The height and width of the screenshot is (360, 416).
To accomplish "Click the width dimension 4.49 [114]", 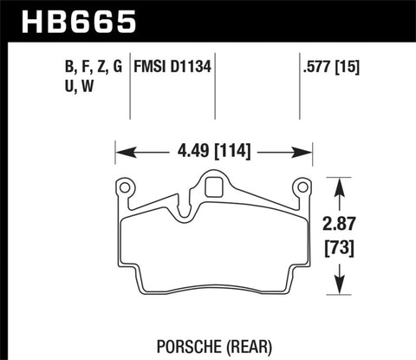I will tap(214, 154).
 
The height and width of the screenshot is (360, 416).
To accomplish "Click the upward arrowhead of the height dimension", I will tap(341, 183).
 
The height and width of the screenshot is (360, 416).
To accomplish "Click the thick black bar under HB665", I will tap(208, 39).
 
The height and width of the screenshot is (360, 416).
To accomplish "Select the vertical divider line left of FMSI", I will tap(131, 87).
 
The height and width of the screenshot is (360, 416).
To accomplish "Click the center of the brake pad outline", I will tap(213, 247).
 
